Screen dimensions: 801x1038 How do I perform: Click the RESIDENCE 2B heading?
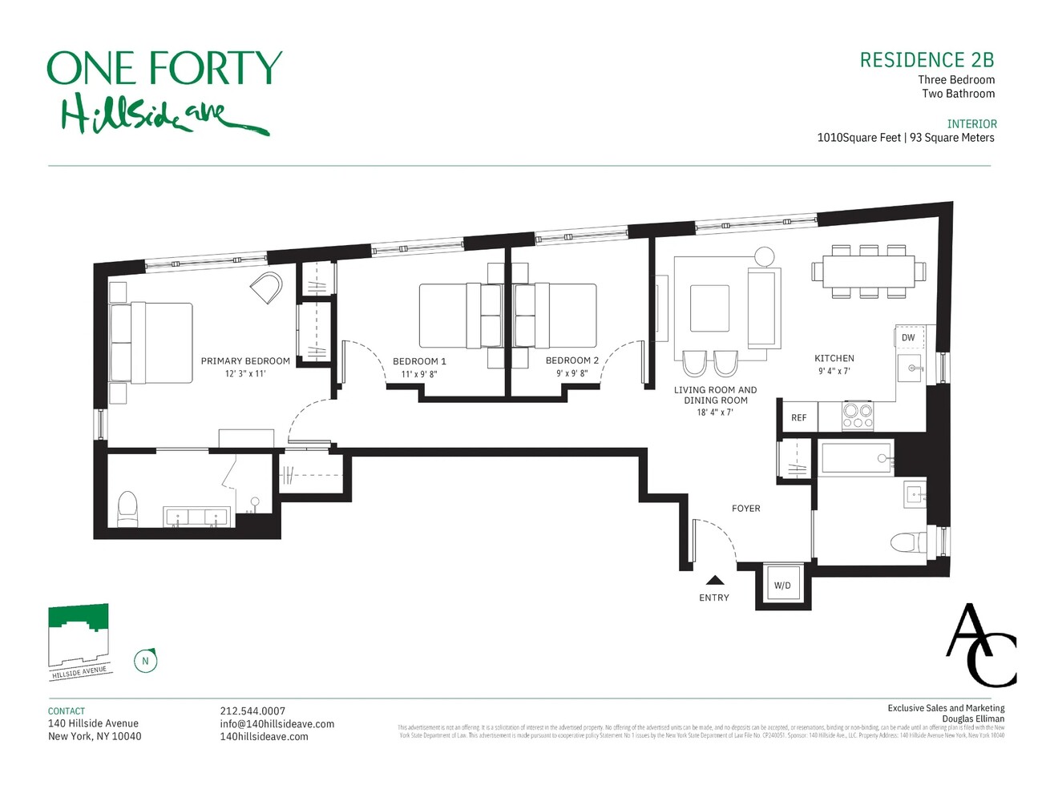[x=927, y=60]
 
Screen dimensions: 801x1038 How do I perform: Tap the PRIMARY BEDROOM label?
[x=245, y=361]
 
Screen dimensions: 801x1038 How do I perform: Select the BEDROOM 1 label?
[x=419, y=361]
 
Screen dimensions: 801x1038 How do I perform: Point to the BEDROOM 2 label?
[x=572, y=360]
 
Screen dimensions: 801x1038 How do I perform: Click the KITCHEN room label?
[x=834, y=358]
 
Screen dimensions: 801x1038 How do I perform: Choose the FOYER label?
[x=745, y=509]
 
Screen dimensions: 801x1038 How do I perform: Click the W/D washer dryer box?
[x=782, y=586]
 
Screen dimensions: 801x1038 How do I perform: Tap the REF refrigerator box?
[x=798, y=417]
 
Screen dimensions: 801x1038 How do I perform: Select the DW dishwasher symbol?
[x=908, y=337]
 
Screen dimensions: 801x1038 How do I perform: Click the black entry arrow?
[x=715, y=581]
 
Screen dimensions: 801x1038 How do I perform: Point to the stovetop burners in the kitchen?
[x=857, y=417]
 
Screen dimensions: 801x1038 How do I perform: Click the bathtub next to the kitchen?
[x=856, y=459]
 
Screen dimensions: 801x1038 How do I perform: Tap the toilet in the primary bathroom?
[x=127, y=509]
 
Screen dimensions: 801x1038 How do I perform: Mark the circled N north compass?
[x=145, y=661]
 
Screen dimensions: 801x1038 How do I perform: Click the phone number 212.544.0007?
[x=252, y=710]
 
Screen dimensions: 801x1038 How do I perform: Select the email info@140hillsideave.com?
[x=277, y=723]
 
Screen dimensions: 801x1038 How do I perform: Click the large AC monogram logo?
[x=981, y=646]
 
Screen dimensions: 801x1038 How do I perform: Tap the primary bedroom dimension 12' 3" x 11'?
[x=245, y=374]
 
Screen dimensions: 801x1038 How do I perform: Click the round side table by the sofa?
[x=765, y=256]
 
